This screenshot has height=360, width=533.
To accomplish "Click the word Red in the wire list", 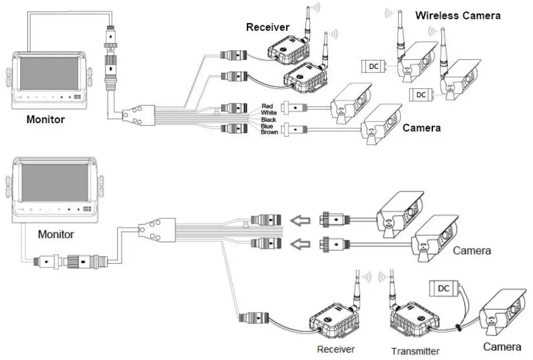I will (267, 106).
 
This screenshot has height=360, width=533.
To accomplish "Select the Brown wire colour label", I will (269, 132).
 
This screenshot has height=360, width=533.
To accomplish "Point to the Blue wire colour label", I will (267, 126).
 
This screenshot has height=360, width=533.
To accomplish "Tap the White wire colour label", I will (268, 112).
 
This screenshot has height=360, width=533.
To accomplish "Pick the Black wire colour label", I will (268, 119).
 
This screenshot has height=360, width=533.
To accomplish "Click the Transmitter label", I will (415, 351).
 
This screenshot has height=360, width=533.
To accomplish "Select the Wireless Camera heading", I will (458, 15).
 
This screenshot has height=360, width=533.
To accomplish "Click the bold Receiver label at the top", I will (268, 27).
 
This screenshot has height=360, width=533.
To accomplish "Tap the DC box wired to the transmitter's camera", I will (443, 289).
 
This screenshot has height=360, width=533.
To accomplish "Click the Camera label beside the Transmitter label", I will (502, 347).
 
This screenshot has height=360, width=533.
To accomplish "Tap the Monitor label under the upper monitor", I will (46, 120).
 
